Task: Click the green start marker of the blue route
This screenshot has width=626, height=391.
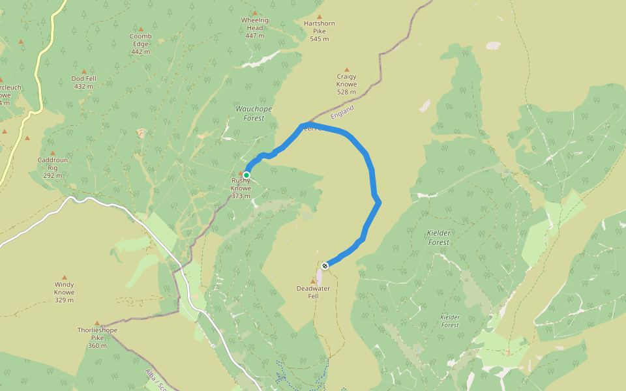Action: pos(246,175)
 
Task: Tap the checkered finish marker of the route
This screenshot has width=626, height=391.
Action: pos(325,265)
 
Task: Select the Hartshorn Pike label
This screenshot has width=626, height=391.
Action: pos(320,31)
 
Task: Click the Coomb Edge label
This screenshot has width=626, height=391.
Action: pos(140,44)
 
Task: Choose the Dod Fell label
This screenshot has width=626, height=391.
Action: pos(83,82)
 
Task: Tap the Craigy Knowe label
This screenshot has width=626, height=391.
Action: pos(346,84)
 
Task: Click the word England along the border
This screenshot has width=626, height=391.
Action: pos(342,111)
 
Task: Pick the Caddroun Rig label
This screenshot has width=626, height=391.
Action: pos(53,167)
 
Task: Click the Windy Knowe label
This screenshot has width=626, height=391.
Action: pos(64,292)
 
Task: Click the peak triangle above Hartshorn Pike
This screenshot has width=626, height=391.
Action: pos(320,17)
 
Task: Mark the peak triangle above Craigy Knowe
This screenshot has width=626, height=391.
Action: pos(346,70)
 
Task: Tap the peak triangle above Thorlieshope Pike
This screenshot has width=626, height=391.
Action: pos(97,323)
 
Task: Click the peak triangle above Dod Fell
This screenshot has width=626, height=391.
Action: pos(83,72)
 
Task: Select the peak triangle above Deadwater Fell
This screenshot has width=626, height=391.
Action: pos(313,282)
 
